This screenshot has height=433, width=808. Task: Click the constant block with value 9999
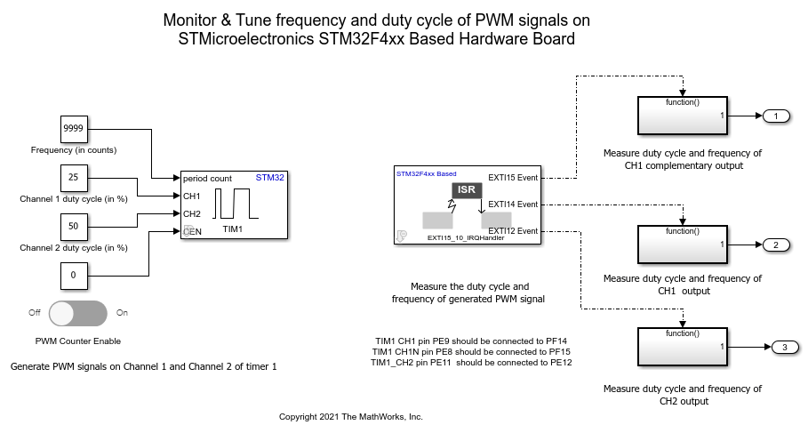click(x=74, y=130)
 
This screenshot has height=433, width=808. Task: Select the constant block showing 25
click(x=74, y=179)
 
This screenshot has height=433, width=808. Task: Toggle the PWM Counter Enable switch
click(x=78, y=313)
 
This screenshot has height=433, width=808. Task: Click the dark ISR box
click(x=467, y=190)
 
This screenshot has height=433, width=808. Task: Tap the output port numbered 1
click(x=776, y=116)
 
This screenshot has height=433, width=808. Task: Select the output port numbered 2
click(x=776, y=245)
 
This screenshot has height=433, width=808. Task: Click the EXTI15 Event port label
click(x=513, y=178)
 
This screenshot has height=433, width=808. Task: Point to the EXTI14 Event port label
click(x=513, y=204)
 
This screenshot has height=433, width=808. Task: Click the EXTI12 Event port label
click(x=513, y=231)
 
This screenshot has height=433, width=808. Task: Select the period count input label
click(x=208, y=179)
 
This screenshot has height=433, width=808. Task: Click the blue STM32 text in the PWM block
click(x=270, y=178)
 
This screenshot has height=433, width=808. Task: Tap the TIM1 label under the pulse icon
click(x=233, y=229)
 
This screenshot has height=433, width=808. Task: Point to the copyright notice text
click(x=351, y=416)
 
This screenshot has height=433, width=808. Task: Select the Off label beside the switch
click(x=35, y=313)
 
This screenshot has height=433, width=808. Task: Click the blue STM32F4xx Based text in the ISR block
click(x=426, y=173)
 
